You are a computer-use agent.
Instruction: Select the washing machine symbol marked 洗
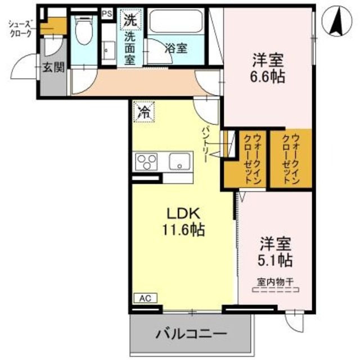click(x=130, y=19)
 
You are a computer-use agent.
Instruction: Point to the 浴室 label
click(x=175, y=48)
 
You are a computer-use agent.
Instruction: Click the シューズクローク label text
click(x=21, y=29)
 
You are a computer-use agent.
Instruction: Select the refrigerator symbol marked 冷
click(x=144, y=111)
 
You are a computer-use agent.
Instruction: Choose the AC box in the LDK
click(x=143, y=299)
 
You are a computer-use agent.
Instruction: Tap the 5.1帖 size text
click(x=276, y=261)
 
